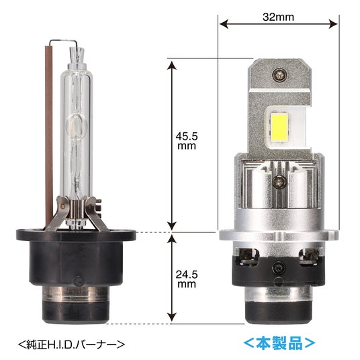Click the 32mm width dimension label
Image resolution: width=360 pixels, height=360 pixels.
pyautogui.click(x=278, y=17)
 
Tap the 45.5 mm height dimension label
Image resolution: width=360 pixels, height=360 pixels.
pyautogui.click(x=187, y=141)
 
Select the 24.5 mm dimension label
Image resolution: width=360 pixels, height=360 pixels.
pyautogui.click(x=187, y=279)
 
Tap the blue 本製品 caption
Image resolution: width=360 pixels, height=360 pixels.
pyautogui.click(x=279, y=343)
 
